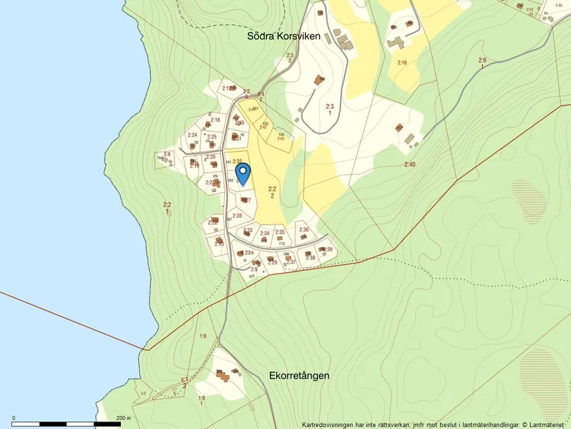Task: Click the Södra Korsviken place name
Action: coord(284,36)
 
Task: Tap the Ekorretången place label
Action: coord(299,376)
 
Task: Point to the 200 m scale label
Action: coord(124,418)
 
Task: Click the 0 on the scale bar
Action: coord(15,418)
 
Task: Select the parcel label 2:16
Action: coord(401,63)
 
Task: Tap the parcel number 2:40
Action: coord(410,164)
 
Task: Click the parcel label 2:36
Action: coord(303,229)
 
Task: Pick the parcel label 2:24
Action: coord(192,135)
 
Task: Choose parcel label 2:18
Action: coord(215,120)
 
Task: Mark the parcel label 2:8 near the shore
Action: coord(167,154)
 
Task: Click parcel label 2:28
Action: coord(237,216)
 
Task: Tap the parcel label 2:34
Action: coord(264,233)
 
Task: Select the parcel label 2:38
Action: coord(310,258)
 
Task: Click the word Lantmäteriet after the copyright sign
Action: coord(549,424)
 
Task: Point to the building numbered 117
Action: coord(399,128)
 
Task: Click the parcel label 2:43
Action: coord(281,139)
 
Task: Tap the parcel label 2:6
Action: coord(482,60)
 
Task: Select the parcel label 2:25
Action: coord(212,137)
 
